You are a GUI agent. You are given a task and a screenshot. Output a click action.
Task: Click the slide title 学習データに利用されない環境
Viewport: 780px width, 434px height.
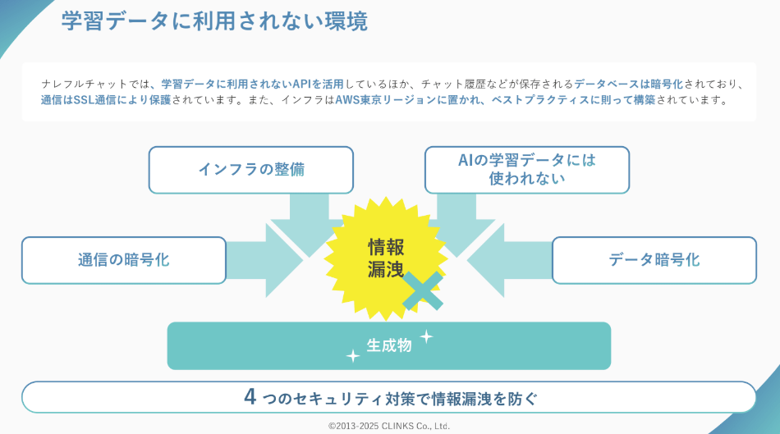[x=214, y=21]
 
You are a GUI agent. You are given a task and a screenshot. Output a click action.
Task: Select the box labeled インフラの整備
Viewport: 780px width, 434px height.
[x=250, y=170]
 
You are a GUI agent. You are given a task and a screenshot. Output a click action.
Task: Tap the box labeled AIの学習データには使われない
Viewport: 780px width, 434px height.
[x=526, y=170]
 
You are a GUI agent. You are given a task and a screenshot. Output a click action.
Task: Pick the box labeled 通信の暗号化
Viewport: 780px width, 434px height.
[x=123, y=260]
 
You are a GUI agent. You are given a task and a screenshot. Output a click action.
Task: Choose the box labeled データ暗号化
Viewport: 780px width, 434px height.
[x=654, y=260]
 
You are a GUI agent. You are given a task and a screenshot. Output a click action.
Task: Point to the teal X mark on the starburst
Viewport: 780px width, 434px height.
[x=423, y=290]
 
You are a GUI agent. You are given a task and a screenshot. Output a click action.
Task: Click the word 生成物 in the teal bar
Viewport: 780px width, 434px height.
[x=388, y=345]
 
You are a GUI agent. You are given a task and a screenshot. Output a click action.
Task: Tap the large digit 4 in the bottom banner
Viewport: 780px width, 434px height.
[x=250, y=397]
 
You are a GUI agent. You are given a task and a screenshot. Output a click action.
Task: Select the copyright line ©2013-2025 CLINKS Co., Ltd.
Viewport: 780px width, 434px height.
[x=389, y=426]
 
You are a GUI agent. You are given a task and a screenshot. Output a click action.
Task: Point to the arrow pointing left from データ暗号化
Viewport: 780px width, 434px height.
[x=509, y=260]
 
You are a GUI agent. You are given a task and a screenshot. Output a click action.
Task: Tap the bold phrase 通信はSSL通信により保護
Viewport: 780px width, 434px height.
[x=106, y=100]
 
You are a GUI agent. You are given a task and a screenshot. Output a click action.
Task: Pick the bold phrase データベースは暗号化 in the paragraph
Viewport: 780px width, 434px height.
[x=628, y=84]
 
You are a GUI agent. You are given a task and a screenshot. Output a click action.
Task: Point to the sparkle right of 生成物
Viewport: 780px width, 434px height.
[x=426, y=336]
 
